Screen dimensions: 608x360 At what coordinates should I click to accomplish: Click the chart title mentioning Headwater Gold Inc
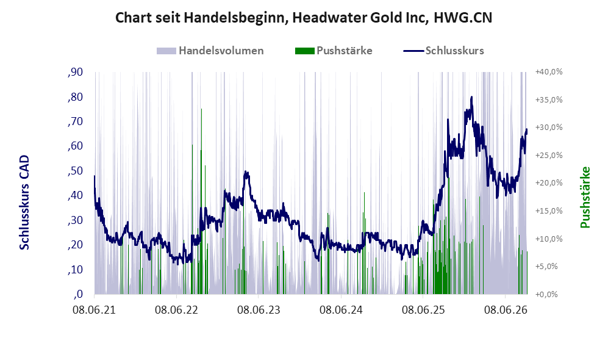[x=304, y=18]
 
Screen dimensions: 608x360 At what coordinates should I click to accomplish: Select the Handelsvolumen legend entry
[x=210, y=51]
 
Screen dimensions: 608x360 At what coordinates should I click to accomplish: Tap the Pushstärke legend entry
[x=334, y=51]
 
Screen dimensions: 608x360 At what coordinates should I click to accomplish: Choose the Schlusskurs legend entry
[x=443, y=51]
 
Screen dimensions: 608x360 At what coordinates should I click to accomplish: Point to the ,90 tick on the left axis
[x=76, y=72]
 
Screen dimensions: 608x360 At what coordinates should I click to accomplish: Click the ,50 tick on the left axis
[x=76, y=171]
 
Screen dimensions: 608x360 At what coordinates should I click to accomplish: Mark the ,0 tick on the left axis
[x=78, y=294]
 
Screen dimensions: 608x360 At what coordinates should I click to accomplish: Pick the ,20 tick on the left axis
[x=76, y=245]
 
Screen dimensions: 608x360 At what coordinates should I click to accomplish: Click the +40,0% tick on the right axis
[x=549, y=72]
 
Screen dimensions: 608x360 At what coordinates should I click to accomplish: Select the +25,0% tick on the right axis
[x=549, y=156]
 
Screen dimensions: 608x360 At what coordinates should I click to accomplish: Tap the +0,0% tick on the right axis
[x=547, y=295]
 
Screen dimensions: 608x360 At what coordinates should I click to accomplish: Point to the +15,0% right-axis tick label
[x=549, y=211]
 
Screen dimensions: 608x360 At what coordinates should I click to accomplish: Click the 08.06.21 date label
[x=95, y=310]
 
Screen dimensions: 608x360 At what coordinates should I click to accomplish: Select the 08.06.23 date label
[x=259, y=310]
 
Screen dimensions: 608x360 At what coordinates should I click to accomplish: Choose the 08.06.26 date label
[x=506, y=310]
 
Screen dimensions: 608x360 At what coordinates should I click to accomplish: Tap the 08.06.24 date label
[x=342, y=310]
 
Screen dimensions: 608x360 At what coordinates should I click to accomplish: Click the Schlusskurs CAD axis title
[x=24, y=203]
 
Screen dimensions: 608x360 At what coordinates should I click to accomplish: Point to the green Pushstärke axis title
[x=585, y=198]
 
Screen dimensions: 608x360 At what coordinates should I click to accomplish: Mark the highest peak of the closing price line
[x=471, y=97]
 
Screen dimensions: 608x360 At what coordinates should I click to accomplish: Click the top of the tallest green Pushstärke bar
[x=202, y=109]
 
